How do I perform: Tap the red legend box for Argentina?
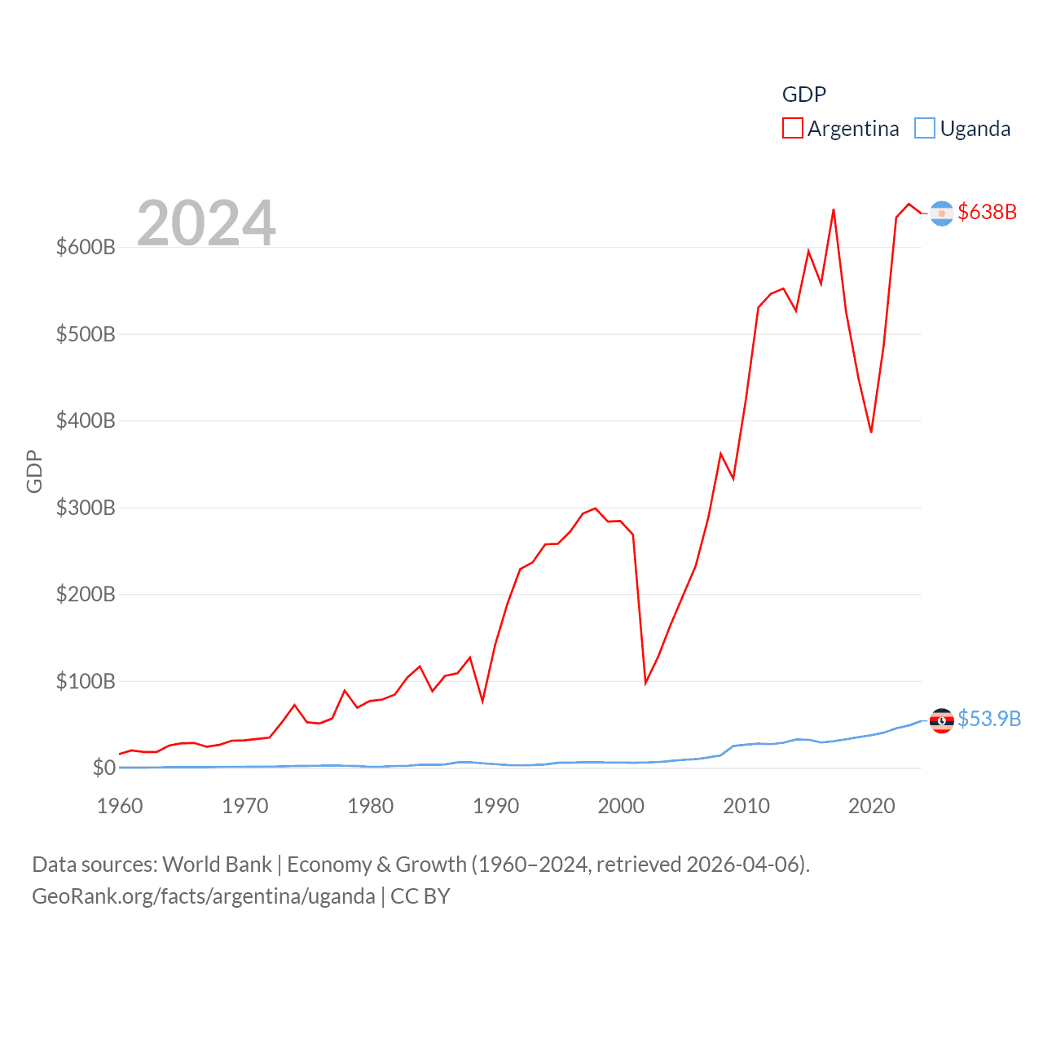[792, 129]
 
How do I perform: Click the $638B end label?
[987, 212]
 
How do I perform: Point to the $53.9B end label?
[988, 719]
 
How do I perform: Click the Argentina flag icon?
[941, 213]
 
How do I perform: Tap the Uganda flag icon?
[941, 720]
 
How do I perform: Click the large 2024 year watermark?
[206, 223]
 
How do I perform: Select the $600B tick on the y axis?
[86, 247]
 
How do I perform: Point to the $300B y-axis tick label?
[86, 508]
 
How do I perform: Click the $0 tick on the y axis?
[103, 768]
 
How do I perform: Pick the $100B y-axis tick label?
[86, 681]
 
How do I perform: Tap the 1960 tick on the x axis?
[120, 806]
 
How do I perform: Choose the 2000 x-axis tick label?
[621, 806]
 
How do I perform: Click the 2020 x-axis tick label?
[871, 806]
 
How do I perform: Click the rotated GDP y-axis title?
[34, 471]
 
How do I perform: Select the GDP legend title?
[803, 95]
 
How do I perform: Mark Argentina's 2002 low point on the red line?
[645, 682]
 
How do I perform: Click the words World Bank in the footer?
[217, 864]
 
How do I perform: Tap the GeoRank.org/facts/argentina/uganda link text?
[204, 896]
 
